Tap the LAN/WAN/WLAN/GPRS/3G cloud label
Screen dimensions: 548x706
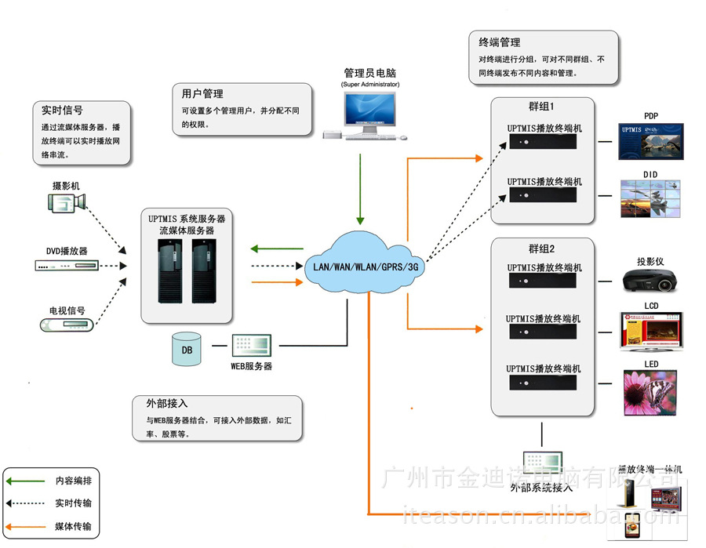(366, 267)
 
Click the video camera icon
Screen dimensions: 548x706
(66, 204)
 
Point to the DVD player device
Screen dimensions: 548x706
(66, 265)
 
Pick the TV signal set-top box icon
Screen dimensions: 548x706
(67, 324)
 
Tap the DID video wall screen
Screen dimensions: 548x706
(650, 199)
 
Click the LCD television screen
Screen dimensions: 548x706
(650, 331)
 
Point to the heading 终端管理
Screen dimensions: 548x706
(499, 42)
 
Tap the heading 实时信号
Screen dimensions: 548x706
(62, 111)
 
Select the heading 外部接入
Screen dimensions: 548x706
(166, 404)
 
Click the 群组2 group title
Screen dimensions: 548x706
(541, 249)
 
